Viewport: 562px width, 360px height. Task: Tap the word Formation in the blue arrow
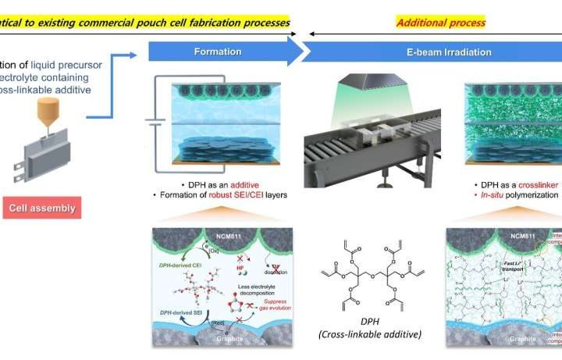click(219, 52)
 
